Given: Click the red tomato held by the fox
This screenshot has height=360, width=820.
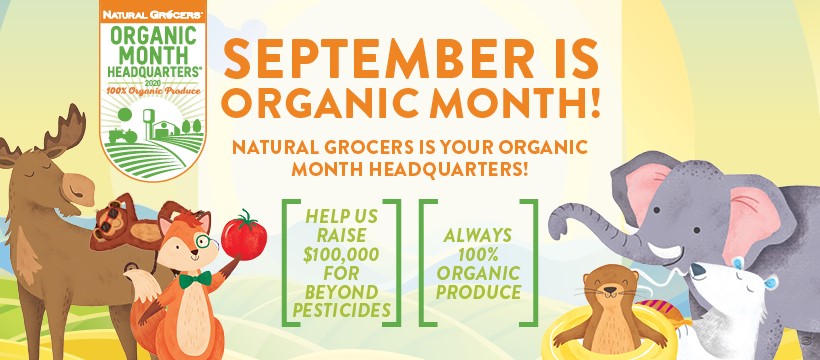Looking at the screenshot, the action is click(x=244, y=238).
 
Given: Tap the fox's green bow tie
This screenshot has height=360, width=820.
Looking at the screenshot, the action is click(x=195, y=279).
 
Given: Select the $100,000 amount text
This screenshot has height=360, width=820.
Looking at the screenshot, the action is click(x=341, y=255).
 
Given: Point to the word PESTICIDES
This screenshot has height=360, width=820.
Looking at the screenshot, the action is click(x=341, y=310).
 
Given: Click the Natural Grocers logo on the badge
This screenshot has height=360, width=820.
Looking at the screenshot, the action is click(x=153, y=14).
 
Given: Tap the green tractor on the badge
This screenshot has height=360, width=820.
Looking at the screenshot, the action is click(x=122, y=136).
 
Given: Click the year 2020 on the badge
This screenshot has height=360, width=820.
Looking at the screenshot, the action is click(x=153, y=82).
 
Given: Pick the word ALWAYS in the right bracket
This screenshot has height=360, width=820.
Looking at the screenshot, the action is click(x=478, y=235).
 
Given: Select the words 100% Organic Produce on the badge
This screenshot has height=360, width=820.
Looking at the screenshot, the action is click(x=153, y=91).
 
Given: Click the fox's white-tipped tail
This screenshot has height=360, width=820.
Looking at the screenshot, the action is click(x=140, y=286).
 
